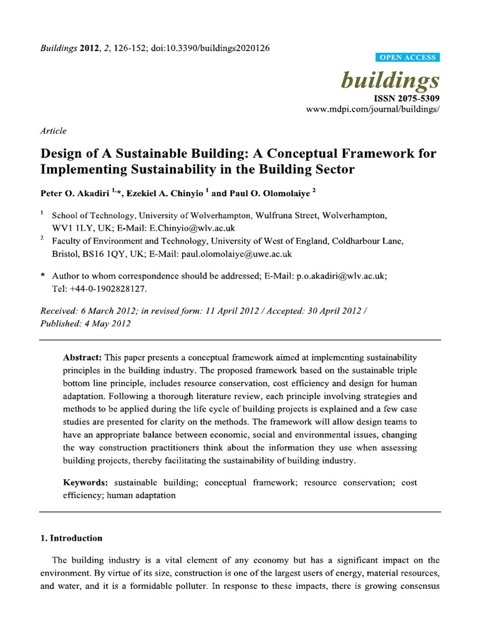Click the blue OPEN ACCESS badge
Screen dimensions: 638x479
point(409,57)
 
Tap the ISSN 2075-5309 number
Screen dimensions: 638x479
point(407,98)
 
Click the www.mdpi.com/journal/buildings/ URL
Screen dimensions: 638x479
point(372,108)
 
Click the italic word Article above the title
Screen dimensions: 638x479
point(53,131)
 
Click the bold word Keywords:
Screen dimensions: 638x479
point(86,483)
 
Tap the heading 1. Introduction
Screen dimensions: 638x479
point(71,538)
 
